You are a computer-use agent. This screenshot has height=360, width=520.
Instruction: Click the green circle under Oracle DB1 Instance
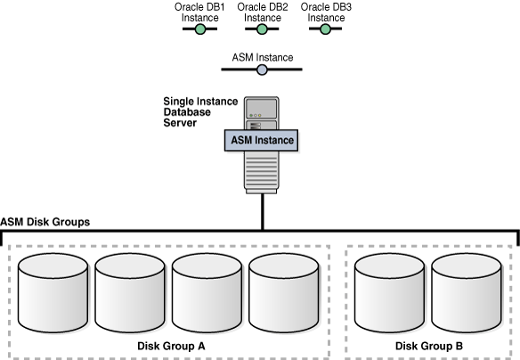click(x=200, y=29)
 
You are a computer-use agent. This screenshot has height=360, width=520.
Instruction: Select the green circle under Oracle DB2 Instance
click(x=262, y=29)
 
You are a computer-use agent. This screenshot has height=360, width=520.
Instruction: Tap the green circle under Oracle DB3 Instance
click(x=325, y=29)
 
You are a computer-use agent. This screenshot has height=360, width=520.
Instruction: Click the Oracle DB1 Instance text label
click(x=200, y=12)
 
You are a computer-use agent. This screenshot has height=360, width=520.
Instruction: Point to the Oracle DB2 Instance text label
click(x=262, y=12)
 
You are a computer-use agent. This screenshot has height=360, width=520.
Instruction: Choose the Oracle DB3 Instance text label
click(x=325, y=12)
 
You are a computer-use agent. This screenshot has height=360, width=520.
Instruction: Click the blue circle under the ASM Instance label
click(x=262, y=70)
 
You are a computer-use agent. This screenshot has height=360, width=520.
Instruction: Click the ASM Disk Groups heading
click(x=45, y=222)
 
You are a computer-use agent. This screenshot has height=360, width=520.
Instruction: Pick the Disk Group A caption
click(x=171, y=346)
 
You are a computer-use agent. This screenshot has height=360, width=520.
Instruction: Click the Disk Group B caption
click(x=429, y=346)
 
